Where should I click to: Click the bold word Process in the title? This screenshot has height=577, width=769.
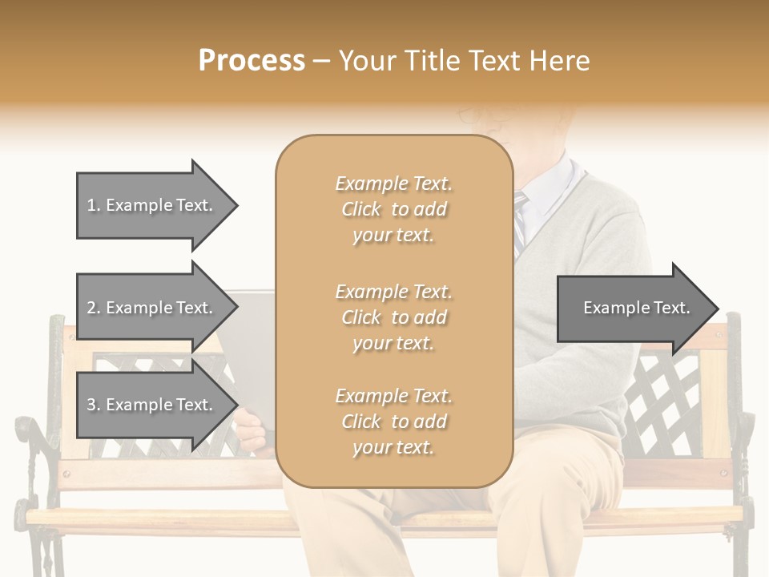point(252,60)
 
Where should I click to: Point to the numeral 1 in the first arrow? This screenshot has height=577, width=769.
point(91,205)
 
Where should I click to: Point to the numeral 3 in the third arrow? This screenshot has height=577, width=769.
point(91,405)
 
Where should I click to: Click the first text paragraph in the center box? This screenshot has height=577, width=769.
point(393,209)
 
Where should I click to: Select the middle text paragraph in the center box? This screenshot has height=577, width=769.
point(393,317)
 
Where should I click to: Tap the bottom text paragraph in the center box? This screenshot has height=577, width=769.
point(393,422)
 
